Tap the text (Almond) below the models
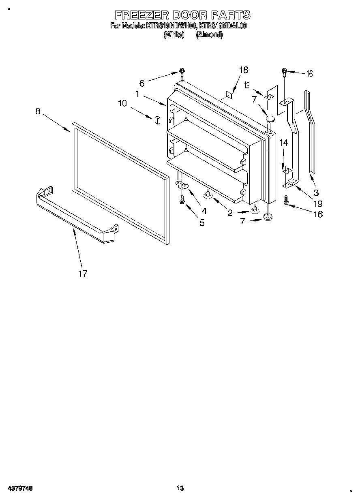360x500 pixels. [209, 35]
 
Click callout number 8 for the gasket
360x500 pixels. [38, 111]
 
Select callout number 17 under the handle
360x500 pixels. [83, 274]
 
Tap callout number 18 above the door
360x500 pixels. [243, 70]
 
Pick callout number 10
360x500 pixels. [122, 103]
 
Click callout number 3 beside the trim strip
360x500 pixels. [316, 192]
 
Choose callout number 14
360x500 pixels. [284, 143]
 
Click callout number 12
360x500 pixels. [246, 85]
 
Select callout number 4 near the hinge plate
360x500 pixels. [204, 211]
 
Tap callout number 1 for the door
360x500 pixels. [138, 94]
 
